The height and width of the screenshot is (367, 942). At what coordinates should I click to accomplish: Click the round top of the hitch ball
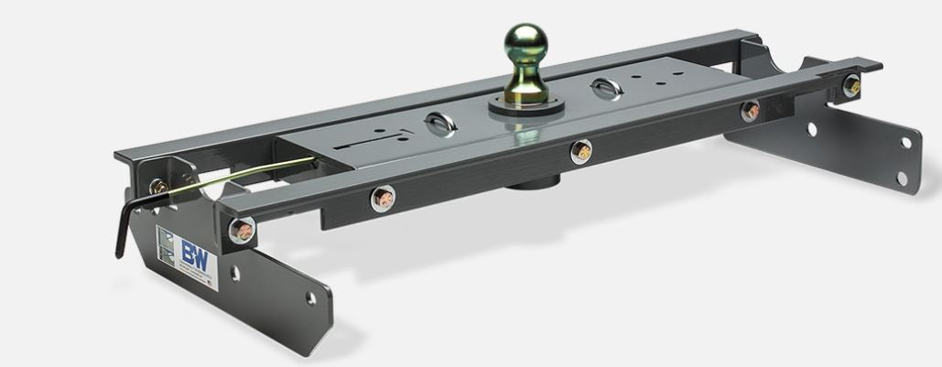pos(525,42)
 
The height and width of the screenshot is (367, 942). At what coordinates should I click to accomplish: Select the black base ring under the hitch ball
pos(525,104)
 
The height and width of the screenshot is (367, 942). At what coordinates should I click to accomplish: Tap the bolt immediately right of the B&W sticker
pos(241,231)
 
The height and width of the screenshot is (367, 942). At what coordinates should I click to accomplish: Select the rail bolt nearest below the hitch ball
pos(580,152)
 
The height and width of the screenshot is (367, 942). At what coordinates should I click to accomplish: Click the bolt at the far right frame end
pos(851,86)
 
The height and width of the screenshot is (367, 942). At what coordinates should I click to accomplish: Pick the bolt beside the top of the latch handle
pos(159,187)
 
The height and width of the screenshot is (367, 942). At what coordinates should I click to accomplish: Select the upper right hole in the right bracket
pos(904,142)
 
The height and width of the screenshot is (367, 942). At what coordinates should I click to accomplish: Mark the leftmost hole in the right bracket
pos(811,130)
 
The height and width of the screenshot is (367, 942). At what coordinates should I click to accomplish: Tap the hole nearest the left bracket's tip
pos(310,298)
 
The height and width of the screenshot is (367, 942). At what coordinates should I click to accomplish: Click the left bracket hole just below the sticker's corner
pos(235,273)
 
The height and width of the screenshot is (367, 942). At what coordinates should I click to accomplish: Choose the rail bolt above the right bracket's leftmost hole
pos(750,111)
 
